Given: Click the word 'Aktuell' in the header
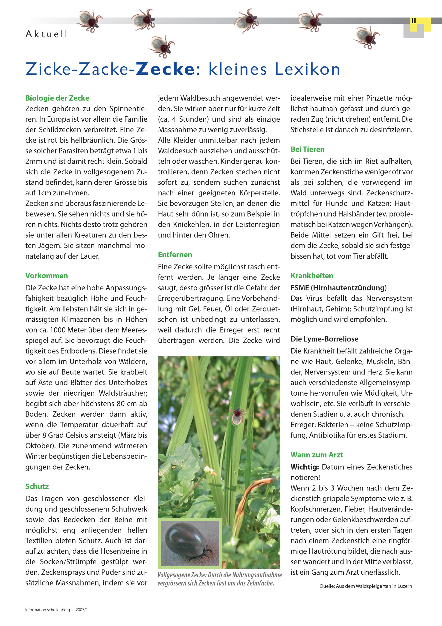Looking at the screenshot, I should [46, 34].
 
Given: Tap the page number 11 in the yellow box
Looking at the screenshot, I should [413, 21].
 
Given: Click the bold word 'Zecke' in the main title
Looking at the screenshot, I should [166, 69].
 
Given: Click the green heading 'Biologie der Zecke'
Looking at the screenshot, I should [57, 98].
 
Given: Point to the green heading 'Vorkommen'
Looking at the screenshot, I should [47, 276].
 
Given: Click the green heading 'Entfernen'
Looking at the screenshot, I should [175, 255].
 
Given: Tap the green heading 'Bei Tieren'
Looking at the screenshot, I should [307, 149].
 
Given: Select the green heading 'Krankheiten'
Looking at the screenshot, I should [312, 276].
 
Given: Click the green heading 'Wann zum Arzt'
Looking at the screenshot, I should [317, 455].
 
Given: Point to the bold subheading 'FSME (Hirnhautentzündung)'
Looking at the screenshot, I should [338, 288].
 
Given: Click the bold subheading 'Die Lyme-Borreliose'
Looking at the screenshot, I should [324, 339].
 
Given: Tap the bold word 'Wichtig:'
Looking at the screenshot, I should [305, 467].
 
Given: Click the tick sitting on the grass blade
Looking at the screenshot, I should [236, 415].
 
